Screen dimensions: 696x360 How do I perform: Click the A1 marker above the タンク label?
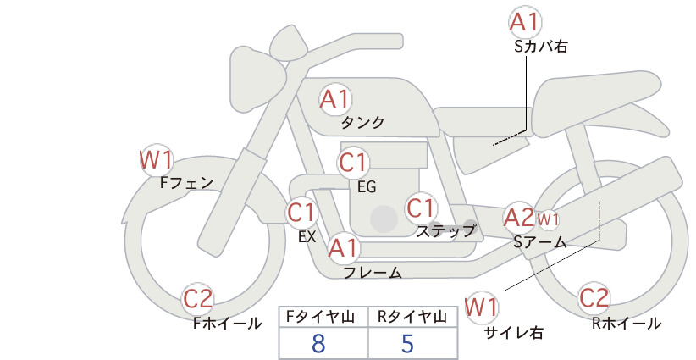pos(335,99)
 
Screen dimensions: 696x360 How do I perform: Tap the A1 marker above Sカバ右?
pos(526,22)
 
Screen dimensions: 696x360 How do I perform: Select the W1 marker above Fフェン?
pos(156,160)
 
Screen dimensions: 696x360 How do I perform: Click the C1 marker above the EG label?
pos(353,163)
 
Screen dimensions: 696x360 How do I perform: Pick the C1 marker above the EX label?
pos(301,212)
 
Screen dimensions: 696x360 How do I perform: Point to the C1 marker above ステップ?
pos(421,208)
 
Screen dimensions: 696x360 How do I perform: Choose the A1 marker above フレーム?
pos(344,248)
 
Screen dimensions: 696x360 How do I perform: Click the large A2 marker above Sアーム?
pos(519,218)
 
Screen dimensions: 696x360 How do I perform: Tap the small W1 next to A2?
pos(548,219)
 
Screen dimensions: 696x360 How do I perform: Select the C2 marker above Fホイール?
pos(198,299)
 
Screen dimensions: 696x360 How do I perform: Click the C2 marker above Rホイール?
pos(594,298)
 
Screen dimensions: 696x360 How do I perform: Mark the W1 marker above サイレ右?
pos(481,307)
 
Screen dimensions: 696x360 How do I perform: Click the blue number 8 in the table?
pos(318,343)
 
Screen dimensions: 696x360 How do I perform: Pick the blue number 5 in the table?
pos(407,343)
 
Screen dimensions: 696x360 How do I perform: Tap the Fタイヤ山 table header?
pos(320,317)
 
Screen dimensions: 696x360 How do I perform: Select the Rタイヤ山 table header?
pos(412,317)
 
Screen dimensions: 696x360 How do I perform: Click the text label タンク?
pos(362,122)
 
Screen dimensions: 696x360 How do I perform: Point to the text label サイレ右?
pos(514,333)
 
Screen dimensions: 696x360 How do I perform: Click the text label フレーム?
pos(373,272)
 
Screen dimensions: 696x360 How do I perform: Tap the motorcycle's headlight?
pos(257,79)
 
